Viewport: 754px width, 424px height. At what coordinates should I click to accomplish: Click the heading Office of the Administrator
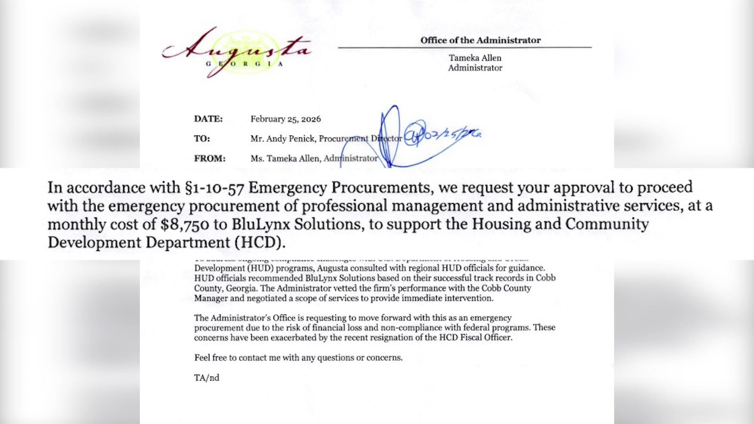[481, 40]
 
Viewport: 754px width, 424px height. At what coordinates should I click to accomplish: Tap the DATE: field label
[208, 118]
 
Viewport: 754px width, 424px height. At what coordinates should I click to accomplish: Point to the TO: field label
[202, 139]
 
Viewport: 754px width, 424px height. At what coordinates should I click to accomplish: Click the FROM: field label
[209, 159]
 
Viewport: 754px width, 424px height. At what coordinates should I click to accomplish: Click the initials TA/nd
[206, 378]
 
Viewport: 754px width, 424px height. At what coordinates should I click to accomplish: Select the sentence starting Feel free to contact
[298, 357]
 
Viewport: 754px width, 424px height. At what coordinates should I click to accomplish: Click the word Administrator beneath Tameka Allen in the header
[475, 68]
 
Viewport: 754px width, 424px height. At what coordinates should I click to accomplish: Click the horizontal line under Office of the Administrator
[465, 48]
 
